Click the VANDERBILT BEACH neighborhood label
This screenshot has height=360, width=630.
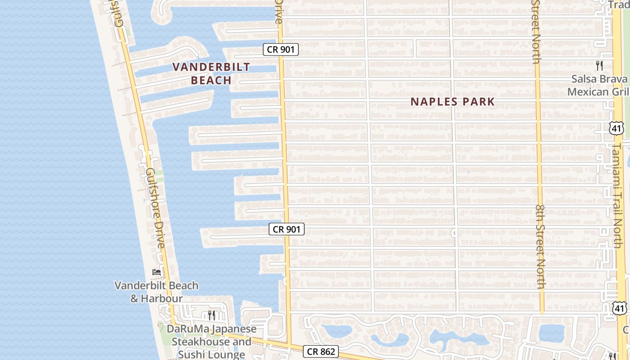pos(211,74)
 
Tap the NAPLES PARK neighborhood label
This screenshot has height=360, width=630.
pos(452,102)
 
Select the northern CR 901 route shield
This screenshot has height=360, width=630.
pos(281,49)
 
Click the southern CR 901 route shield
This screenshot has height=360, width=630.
pos(287,229)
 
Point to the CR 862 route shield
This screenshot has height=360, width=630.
pos(320,351)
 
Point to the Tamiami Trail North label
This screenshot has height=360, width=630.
pos(617,196)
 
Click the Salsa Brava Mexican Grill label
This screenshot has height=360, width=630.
pos(599,85)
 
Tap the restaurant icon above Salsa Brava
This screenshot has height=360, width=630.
pos(599,66)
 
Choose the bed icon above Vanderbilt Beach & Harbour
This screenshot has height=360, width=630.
pos(157,272)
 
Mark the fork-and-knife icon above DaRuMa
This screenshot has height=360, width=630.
pos(211,315)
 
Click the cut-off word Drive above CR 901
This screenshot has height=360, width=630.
pos(279,12)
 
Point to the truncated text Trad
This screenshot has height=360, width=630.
pos(619,4)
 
